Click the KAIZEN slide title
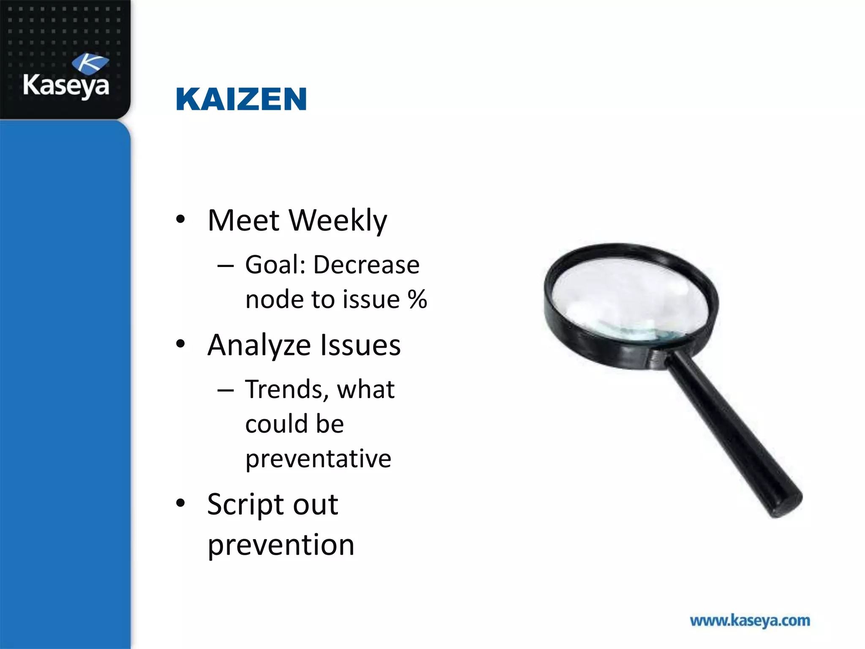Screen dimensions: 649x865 tap(241, 100)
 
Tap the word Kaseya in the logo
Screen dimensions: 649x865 tap(66, 86)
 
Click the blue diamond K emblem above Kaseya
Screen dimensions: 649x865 tap(90, 64)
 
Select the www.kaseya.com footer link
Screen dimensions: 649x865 tap(750, 621)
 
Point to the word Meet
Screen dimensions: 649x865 tap(244, 221)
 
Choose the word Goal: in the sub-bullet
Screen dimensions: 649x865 tap(275, 265)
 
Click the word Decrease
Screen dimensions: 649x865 tap(366, 265)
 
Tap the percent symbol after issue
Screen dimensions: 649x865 tap(417, 300)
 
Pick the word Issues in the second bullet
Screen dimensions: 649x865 tap(360, 346)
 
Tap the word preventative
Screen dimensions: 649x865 tap(318, 459)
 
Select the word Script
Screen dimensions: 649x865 tap(246, 504)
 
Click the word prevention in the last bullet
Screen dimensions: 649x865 tap(281, 545)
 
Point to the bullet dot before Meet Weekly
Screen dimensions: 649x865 tap(181, 219)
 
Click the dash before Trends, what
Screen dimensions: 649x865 tap(226, 390)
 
